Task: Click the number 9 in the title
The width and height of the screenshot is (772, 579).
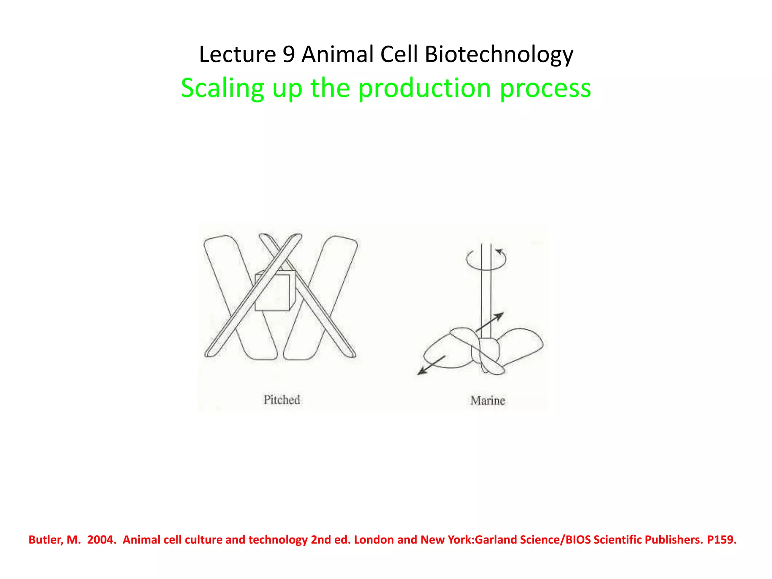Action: [x=288, y=54]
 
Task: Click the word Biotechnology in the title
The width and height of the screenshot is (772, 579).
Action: [x=499, y=54]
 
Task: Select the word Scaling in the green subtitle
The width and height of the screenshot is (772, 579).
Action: [x=222, y=88]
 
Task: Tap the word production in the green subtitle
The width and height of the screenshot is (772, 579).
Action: [x=424, y=88]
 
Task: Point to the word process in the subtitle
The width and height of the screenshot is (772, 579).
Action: [x=545, y=88]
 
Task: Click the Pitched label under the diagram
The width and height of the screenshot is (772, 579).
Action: [x=282, y=400]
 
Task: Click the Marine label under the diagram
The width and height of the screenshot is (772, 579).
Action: [x=487, y=400]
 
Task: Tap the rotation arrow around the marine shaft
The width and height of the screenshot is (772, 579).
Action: [x=486, y=259]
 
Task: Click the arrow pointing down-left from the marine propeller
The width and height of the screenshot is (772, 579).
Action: [x=431, y=365]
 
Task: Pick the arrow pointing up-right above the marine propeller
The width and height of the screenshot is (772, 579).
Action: [x=490, y=322]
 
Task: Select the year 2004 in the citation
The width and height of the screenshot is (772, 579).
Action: [x=101, y=540]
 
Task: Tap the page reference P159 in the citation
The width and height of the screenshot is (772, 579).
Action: [x=721, y=540]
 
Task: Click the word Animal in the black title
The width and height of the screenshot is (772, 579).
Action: [x=337, y=54]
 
